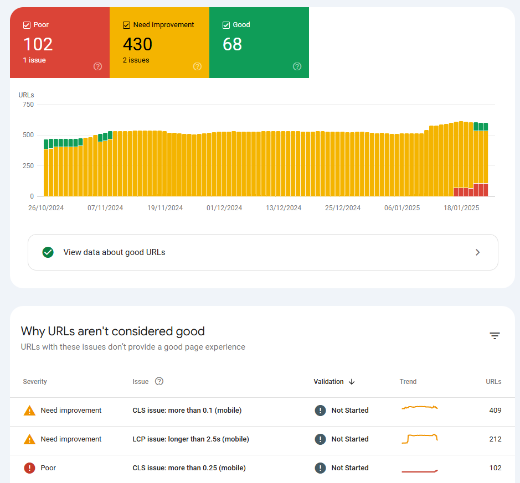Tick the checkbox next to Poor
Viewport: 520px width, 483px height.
[x=27, y=25]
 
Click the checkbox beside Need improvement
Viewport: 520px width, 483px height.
[x=126, y=25]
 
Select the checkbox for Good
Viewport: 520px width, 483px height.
[x=226, y=25]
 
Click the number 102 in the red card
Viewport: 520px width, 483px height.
[x=38, y=44]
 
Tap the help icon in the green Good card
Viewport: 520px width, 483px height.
[x=297, y=66]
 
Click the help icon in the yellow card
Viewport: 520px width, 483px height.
[x=197, y=66]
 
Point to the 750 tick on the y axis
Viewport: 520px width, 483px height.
[x=28, y=105]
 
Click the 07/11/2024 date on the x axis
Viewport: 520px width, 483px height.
[x=105, y=208]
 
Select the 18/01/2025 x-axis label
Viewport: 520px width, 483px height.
[x=461, y=208]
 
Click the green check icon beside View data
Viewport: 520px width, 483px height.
[x=48, y=252]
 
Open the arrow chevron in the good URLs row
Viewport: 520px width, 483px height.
[x=478, y=252]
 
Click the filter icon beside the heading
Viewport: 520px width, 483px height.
[x=495, y=336]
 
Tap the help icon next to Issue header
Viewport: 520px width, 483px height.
[x=159, y=381]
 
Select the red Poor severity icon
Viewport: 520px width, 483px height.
[x=29, y=468]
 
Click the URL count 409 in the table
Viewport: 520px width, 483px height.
[x=495, y=411]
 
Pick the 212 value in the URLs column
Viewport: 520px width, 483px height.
[x=495, y=439]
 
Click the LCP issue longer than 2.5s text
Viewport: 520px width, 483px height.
[x=191, y=439]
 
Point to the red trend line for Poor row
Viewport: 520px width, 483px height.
[x=419, y=471]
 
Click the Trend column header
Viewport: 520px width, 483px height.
[x=408, y=382]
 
